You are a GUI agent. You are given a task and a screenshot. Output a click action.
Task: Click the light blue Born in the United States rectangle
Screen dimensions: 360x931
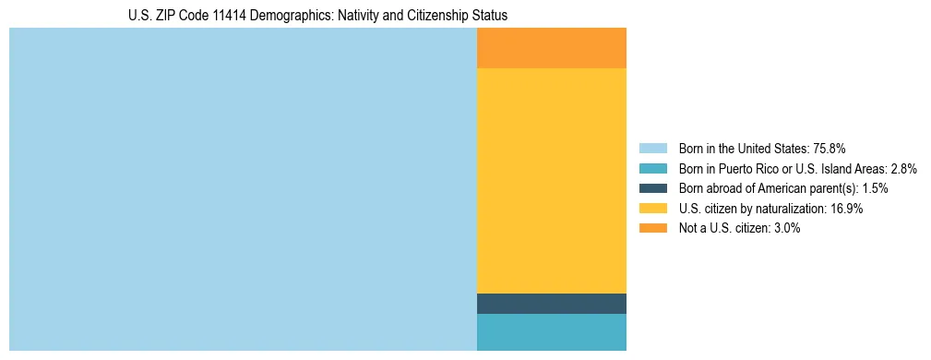point(243,189)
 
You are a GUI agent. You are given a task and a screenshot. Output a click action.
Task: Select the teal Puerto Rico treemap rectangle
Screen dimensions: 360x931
point(552,332)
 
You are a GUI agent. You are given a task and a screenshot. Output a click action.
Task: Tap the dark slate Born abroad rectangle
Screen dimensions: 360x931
point(552,304)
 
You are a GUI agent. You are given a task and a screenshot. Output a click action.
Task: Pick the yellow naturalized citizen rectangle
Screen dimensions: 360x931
point(552,181)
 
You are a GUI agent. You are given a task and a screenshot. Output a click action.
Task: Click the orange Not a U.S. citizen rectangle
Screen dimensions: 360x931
point(552,48)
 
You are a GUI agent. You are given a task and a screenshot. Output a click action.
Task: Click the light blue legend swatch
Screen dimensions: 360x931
point(652,148)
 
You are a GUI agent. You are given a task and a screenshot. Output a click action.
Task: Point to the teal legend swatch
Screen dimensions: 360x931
point(652,168)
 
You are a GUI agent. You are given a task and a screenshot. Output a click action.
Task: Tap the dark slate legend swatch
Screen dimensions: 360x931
point(652,188)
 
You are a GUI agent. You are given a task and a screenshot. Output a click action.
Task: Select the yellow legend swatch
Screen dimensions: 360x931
point(652,209)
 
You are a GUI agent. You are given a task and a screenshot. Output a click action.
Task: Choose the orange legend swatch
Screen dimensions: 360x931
point(652,229)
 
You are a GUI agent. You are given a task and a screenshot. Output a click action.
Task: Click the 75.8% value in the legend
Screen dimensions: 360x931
point(829,148)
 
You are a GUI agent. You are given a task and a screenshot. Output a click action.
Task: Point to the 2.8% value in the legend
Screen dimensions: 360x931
point(903,168)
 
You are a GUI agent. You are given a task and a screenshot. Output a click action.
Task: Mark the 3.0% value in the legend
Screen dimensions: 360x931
point(785,229)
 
